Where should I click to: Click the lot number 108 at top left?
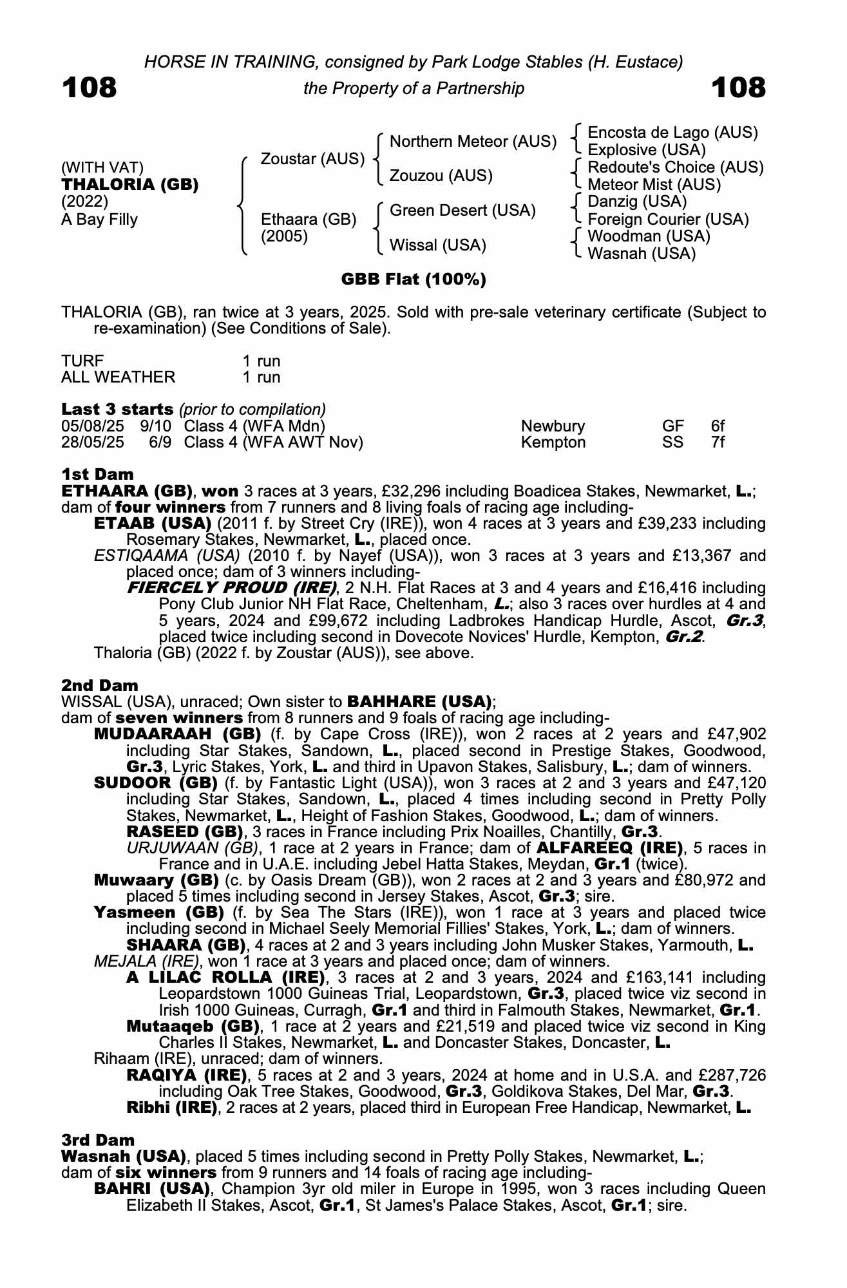(x=90, y=88)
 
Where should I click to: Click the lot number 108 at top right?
(x=738, y=88)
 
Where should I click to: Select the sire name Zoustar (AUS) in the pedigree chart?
(x=312, y=158)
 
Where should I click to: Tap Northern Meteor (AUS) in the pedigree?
(x=473, y=141)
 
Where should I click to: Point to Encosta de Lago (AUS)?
(x=672, y=133)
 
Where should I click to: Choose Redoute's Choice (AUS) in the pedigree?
(x=676, y=167)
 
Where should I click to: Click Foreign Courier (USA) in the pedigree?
(x=668, y=220)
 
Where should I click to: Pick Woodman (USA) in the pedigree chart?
(x=649, y=236)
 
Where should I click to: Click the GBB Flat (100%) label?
(x=414, y=279)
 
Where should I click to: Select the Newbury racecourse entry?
(x=553, y=426)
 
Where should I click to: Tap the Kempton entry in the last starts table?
(x=553, y=442)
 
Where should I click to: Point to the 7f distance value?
(x=718, y=442)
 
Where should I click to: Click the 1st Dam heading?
(x=97, y=475)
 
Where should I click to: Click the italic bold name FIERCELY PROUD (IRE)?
(x=233, y=588)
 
